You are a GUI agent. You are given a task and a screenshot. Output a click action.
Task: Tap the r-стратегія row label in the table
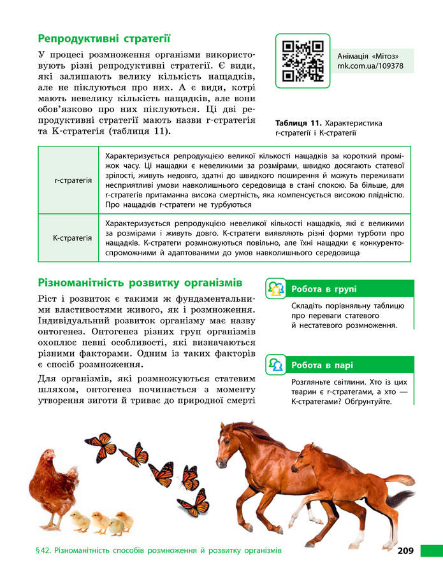click(x=73, y=180)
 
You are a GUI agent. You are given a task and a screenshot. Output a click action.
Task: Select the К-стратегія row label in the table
click(x=72, y=238)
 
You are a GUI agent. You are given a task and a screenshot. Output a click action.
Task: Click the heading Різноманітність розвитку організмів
click(x=140, y=282)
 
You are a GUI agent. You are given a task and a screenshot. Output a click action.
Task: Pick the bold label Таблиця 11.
click(x=298, y=123)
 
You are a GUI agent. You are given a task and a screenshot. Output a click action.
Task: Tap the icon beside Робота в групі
click(x=275, y=289)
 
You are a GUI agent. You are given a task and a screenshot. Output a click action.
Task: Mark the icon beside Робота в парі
click(x=275, y=366)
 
